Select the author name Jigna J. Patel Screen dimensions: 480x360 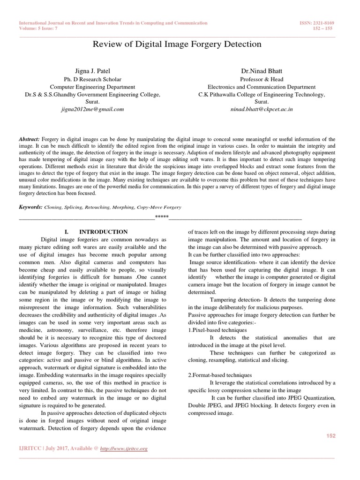93,71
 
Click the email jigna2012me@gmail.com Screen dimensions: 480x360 92,109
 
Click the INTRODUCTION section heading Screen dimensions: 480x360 103,232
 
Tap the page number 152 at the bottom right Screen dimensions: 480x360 330,436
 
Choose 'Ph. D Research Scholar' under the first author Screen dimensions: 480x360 93,79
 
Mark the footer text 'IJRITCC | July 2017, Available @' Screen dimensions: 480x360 59,448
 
